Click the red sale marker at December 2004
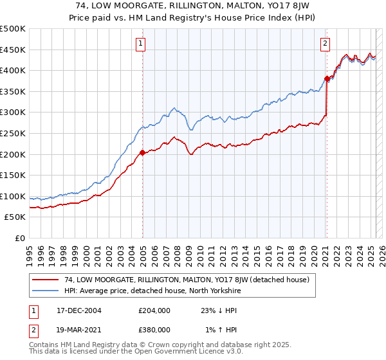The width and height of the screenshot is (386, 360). [142, 153]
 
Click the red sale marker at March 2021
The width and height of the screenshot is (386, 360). [326, 79]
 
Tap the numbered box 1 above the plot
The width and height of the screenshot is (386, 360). [140, 44]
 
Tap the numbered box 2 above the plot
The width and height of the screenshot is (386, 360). [325, 44]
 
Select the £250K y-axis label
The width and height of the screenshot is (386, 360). [13, 133]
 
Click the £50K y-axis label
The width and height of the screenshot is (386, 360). [15, 217]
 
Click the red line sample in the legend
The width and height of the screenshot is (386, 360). [46, 280]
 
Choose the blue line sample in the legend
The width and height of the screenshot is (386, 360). [46, 291]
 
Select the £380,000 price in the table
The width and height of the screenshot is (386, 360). [154, 329]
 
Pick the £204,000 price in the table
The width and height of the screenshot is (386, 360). [154, 310]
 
